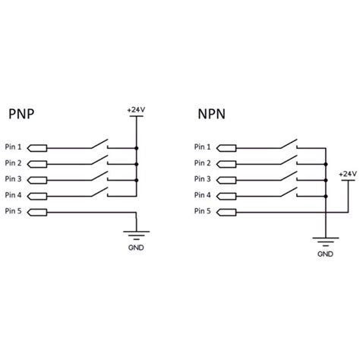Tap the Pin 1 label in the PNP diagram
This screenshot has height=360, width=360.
14,147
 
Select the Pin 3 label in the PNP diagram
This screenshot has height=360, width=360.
14,179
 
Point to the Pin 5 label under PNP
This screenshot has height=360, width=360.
14,210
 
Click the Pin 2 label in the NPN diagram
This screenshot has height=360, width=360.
201,163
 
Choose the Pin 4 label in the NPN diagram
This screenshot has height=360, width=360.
201,195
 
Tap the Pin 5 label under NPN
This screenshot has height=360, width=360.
201,210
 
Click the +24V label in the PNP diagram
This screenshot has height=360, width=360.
137,109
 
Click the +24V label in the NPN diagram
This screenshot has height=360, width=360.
346,174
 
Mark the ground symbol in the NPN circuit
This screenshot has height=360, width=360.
325,242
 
